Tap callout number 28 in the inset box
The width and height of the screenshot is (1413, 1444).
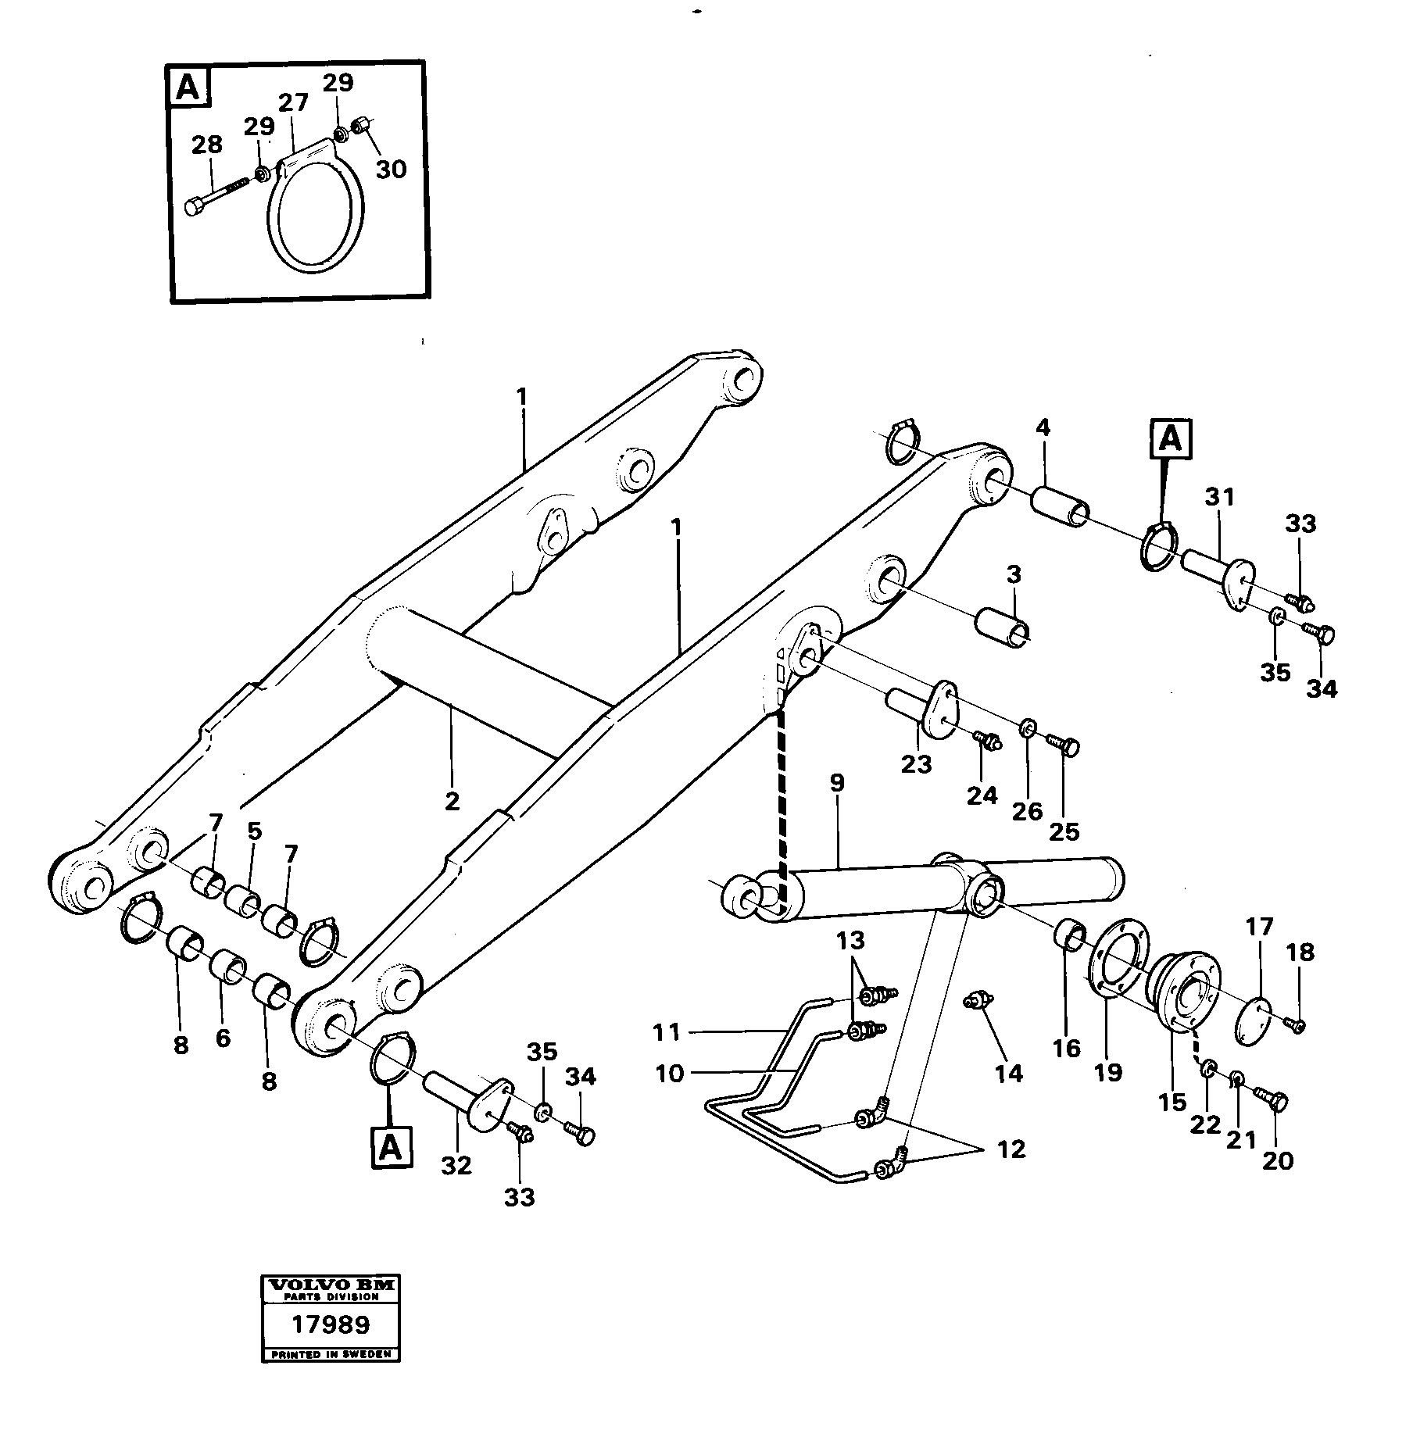tap(207, 145)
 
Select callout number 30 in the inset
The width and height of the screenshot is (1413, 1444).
tap(391, 169)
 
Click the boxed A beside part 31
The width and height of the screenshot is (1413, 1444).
tap(1170, 439)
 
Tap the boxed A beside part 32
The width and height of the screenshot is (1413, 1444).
tap(392, 1147)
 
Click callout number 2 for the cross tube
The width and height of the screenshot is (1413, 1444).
tap(452, 801)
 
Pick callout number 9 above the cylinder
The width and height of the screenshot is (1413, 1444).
tap(837, 784)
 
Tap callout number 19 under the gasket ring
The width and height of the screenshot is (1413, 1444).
tap(1108, 1072)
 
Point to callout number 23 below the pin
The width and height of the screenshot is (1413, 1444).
tap(916, 763)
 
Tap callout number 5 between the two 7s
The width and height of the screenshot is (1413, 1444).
tap(255, 831)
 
